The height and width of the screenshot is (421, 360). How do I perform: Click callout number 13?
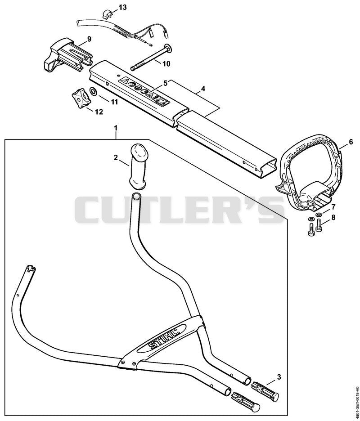click(122, 7)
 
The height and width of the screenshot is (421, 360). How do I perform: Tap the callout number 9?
click(89, 39)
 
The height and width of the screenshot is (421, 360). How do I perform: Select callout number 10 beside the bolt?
click(166, 63)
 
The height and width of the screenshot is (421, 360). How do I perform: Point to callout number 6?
click(351, 142)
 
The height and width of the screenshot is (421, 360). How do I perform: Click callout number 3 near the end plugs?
click(279, 377)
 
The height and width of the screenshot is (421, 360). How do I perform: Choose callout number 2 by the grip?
click(116, 157)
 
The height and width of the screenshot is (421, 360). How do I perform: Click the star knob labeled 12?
click(80, 98)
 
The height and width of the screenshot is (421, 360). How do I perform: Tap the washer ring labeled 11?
click(94, 91)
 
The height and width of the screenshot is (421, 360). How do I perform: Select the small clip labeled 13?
click(107, 14)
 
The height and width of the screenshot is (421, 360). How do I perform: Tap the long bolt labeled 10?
click(153, 59)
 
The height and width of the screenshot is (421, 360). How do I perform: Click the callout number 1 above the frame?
click(116, 128)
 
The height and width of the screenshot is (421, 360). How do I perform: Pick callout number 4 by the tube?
click(203, 89)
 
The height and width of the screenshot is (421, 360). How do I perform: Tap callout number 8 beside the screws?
click(333, 217)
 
